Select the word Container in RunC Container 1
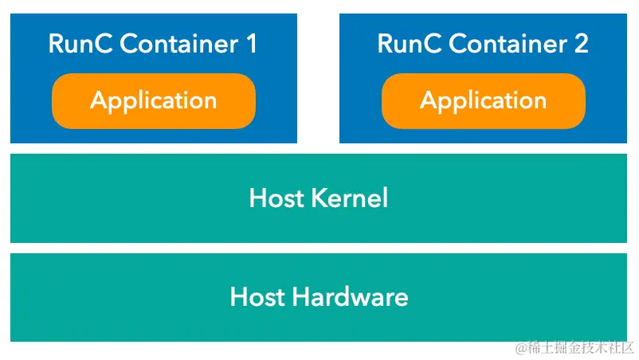[175, 44]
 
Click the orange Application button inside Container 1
[154, 101]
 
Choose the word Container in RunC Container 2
[505, 44]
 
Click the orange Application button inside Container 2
[484, 101]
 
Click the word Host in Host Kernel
[276, 198]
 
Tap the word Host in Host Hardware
[257, 297]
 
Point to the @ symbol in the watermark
[521, 348]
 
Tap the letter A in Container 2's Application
[429, 101]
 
